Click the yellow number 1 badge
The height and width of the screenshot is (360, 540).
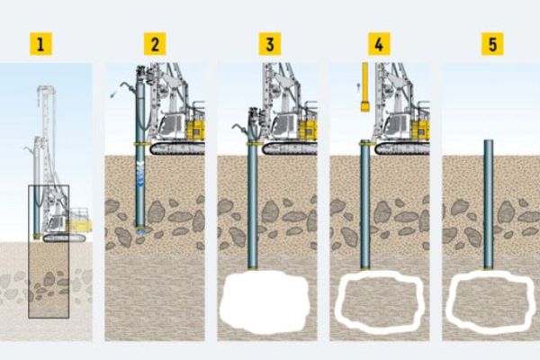[41, 44]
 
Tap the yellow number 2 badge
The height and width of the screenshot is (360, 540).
[155, 44]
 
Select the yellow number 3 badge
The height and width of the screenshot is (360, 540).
[270, 44]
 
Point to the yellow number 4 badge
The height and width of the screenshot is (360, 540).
[379, 44]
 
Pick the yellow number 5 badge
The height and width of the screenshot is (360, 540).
[492, 44]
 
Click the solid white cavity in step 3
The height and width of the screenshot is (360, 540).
[265, 301]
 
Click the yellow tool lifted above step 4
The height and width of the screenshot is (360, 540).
[365, 86]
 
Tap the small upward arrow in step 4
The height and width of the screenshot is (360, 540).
[358, 86]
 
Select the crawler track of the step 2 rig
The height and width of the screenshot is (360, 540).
[177, 148]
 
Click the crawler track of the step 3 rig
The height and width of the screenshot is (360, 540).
[289, 148]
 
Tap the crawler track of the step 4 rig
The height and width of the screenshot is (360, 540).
[402, 148]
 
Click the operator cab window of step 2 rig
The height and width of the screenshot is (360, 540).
[169, 126]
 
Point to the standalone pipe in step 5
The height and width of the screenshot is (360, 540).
[489, 204]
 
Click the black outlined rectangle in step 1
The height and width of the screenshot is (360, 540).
[28, 251]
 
